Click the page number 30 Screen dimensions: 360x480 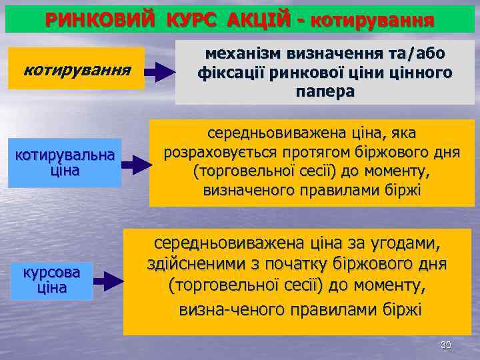[x=446, y=345]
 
